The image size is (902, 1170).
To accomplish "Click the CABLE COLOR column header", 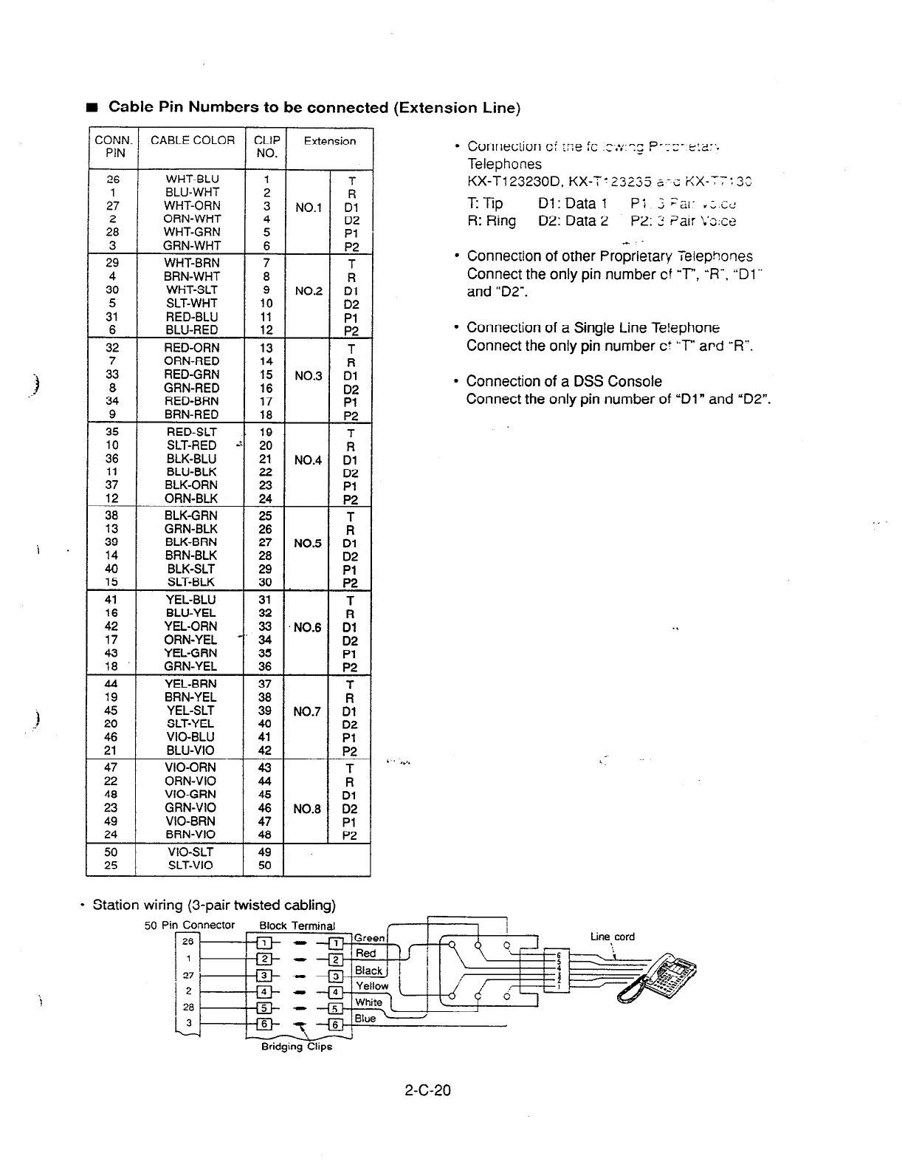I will pos(192,140).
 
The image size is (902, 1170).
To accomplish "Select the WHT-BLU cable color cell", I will pos(192,179).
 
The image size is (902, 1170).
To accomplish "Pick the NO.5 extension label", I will pos(307,543).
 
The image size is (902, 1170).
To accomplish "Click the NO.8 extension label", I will pos(307,809).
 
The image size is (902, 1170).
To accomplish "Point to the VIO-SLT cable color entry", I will pos(191,852).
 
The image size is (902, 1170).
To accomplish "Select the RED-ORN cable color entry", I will pos(191,347).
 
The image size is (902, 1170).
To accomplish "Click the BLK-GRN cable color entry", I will pos(191,516).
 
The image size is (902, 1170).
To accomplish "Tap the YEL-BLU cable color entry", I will pos(191,600).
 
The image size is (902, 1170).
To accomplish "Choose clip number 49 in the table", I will pos(265,852).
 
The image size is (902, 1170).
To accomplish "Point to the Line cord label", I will pos(612,937).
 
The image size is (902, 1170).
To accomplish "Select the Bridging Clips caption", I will pos(297,1046).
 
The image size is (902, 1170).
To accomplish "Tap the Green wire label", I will pos(369,938).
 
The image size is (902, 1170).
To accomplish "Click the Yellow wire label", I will pos(371,986).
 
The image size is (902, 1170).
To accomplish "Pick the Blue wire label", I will pos(365,1019).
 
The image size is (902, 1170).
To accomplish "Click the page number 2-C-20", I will pos(427,1089).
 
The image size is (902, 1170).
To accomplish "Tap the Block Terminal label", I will pos(297,926).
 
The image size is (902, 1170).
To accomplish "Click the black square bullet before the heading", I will pos(92,109).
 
